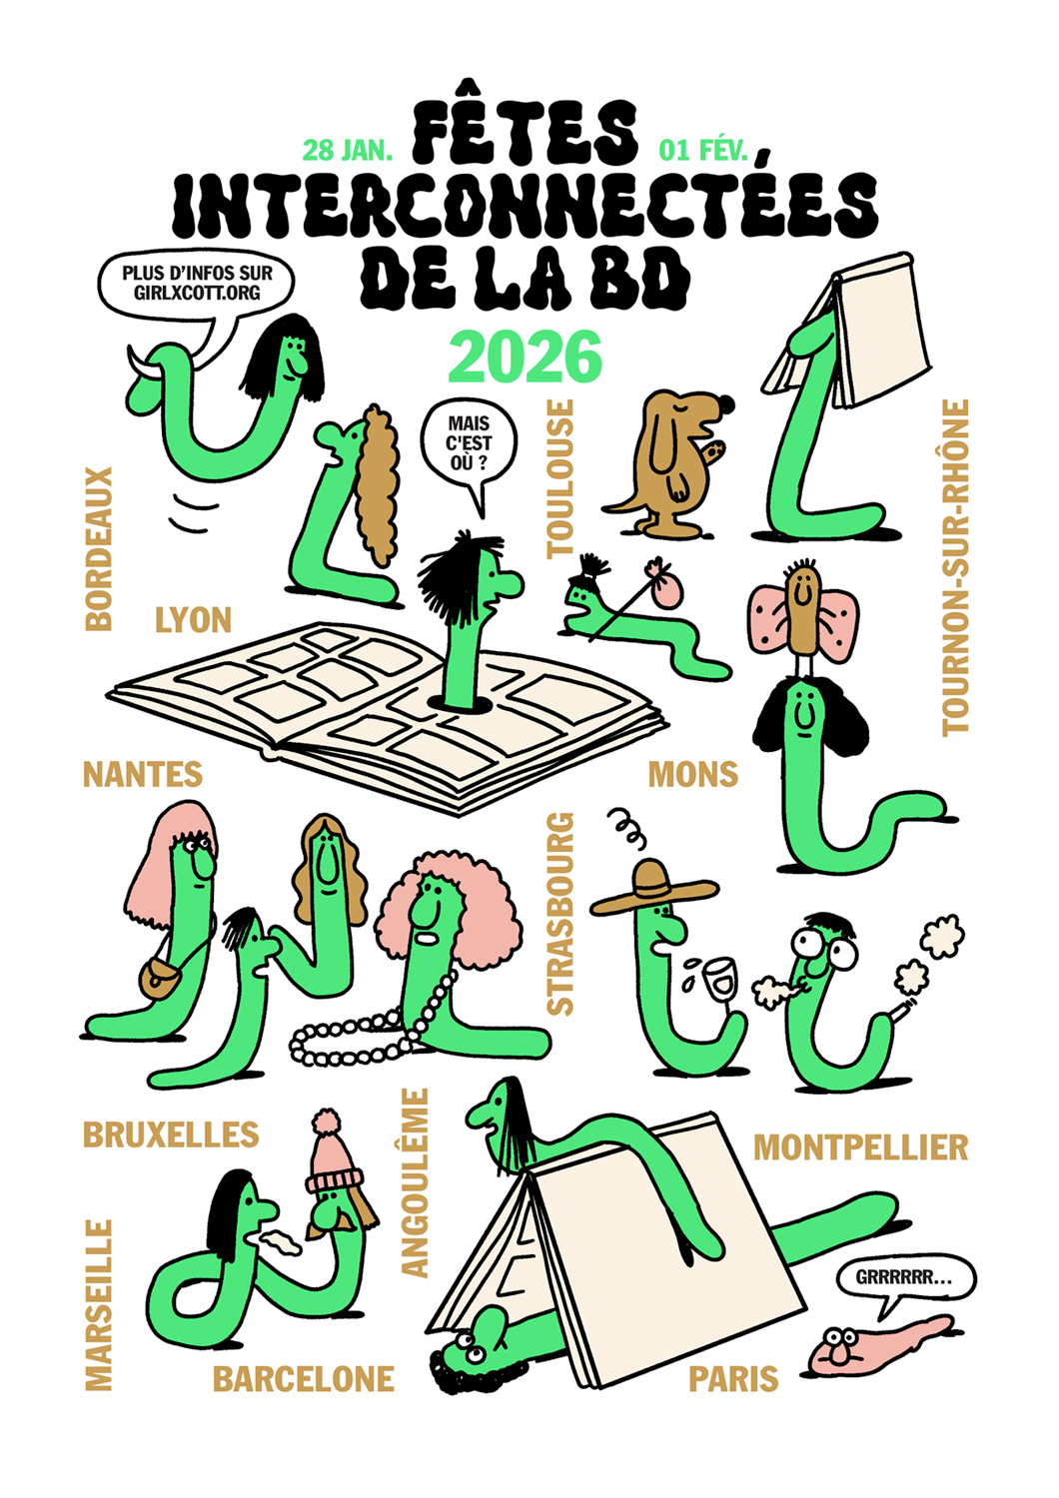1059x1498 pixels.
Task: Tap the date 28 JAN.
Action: click(x=348, y=151)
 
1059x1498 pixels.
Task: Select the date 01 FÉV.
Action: click(x=703, y=151)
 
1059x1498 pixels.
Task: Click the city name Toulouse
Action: click(x=560, y=478)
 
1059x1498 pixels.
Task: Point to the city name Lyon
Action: click(x=194, y=620)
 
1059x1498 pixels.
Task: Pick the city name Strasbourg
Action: click(x=560, y=914)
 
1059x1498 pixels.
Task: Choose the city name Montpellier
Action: click(x=861, y=1147)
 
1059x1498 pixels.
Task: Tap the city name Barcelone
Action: click(x=304, y=1379)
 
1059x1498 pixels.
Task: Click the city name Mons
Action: click(x=693, y=774)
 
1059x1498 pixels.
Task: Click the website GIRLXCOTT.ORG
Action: click(x=197, y=293)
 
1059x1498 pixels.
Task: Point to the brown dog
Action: click(x=669, y=462)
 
